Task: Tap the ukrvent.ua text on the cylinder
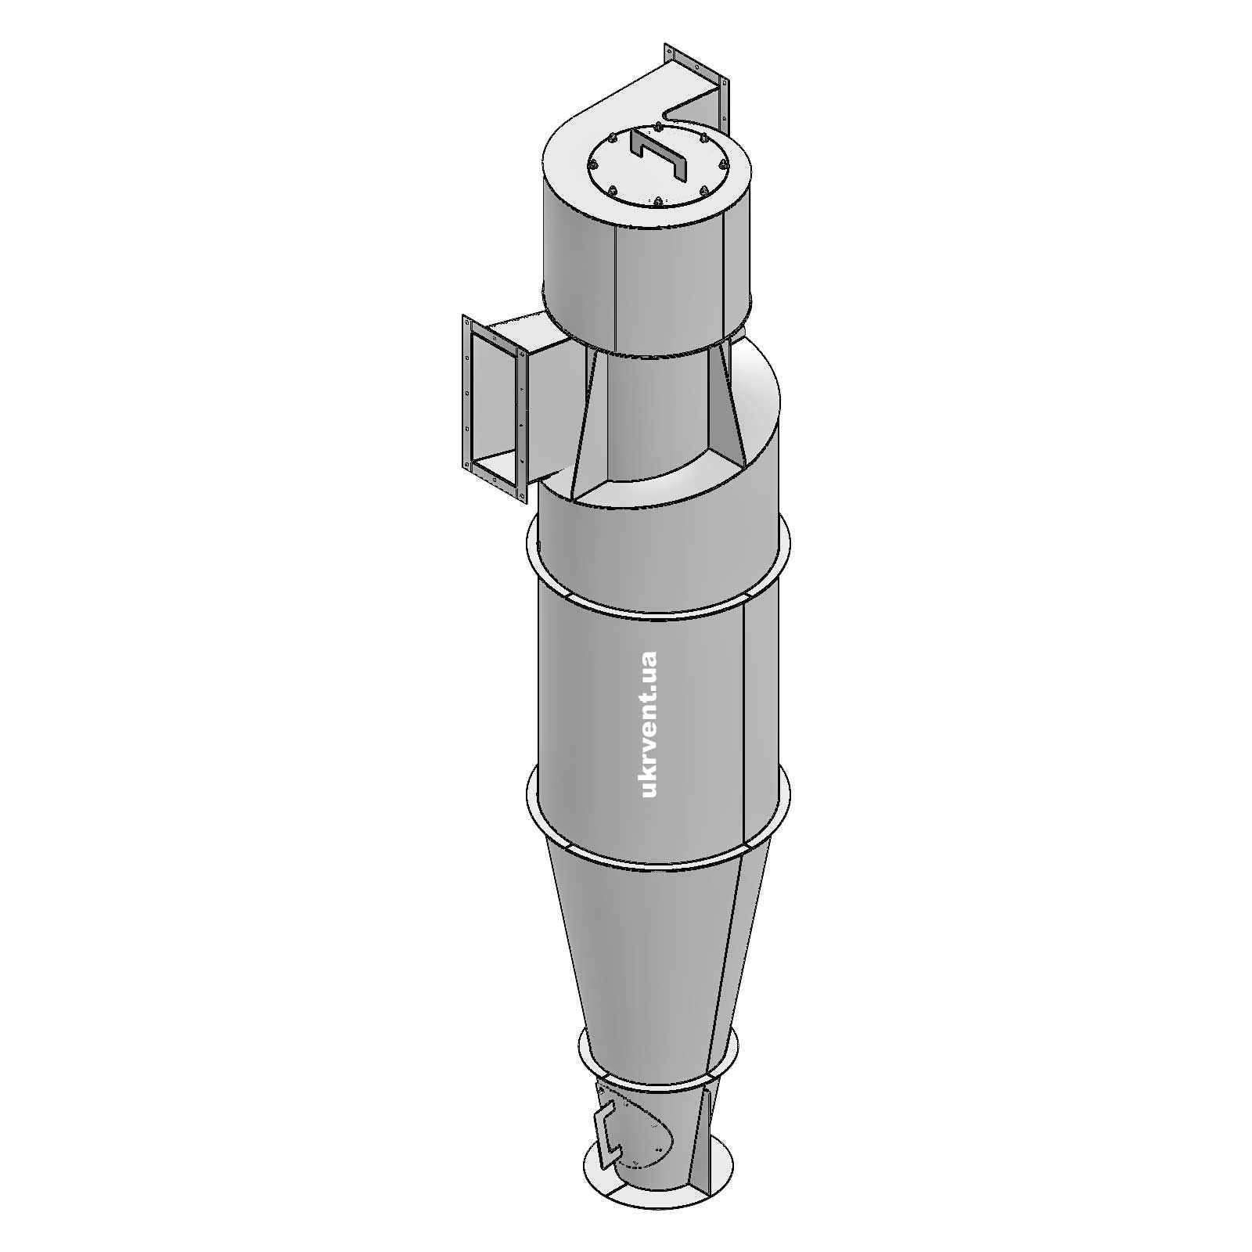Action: [x=649, y=724]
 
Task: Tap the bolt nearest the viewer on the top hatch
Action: [x=658, y=203]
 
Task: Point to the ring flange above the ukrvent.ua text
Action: [x=657, y=603]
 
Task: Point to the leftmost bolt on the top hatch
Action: [x=592, y=165]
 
